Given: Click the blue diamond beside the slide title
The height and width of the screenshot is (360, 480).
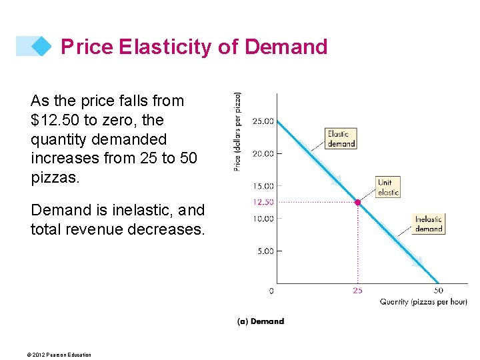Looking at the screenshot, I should tap(42, 46).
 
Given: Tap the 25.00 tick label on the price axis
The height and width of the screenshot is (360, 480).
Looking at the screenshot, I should tap(263, 121).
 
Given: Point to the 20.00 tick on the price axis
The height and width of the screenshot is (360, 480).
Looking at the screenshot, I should tap(263, 153).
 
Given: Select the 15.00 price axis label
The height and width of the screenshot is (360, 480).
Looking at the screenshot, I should tap(263, 186).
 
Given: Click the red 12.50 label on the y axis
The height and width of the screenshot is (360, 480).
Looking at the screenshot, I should tap(263, 202).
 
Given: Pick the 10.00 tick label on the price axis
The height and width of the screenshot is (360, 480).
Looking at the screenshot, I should tap(263, 219).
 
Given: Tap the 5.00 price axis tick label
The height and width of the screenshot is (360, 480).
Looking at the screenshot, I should tap(265, 251).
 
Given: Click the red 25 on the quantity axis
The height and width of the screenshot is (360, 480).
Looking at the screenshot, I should tap(358, 291).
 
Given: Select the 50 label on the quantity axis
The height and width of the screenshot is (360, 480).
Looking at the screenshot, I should tap(438, 291).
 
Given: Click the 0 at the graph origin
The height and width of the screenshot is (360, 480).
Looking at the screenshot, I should tap(271, 291).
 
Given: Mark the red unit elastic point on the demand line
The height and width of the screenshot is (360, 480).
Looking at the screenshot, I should tap(358, 202).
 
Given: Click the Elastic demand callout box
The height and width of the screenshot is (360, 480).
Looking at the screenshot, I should tap(341, 138).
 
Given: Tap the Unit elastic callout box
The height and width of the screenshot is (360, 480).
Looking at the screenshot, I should tap(388, 187).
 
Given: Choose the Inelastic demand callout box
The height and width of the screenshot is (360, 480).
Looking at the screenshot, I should tap(428, 224).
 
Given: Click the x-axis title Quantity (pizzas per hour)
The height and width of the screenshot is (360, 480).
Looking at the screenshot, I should tap(423, 302).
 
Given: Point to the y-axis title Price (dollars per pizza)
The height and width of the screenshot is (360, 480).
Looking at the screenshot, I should tap(238, 131).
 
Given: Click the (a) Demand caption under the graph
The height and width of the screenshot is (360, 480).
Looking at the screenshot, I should tap(261, 321).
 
